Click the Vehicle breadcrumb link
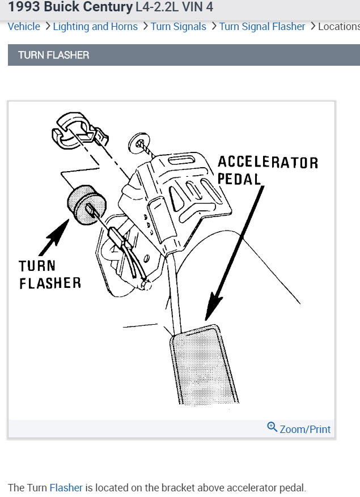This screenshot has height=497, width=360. point(24,27)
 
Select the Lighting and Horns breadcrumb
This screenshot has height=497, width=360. point(95,27)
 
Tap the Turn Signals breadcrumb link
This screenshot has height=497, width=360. point(179,27)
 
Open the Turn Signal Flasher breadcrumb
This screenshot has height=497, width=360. point(262,27)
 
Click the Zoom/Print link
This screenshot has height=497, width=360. point(305,429)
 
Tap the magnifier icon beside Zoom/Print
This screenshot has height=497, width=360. point(272,427)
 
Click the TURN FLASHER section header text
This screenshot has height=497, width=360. point(53,55)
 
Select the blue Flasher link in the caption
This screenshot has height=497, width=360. point(66,487)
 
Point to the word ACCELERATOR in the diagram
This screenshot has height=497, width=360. point(268,163)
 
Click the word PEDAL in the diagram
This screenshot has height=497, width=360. point(239,179)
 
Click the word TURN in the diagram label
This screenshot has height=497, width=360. point(37,266)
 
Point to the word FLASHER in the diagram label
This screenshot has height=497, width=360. point(50,283)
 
